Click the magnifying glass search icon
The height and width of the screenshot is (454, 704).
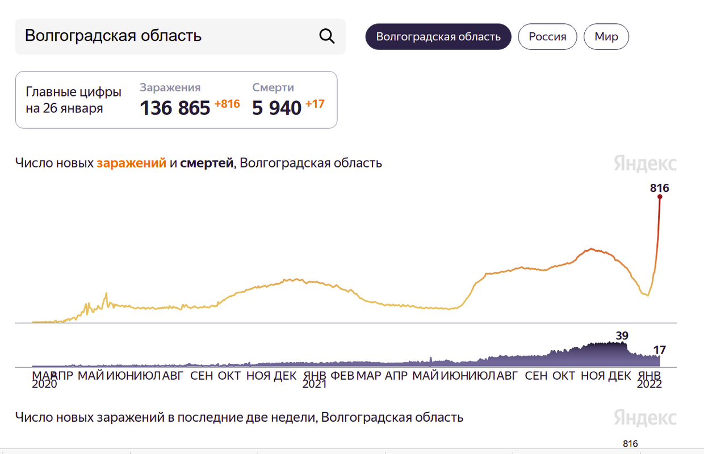pyautogui.click(x=327, y=36)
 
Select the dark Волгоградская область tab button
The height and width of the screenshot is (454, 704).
pyautogui.click(x=438, y=37)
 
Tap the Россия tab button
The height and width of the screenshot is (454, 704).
pyautogui.click(x=547, y=37)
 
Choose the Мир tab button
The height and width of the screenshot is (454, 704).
pyautogui.click(x=606, y=37)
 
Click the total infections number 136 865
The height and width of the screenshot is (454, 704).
pyautogui.click(x=175, y=107)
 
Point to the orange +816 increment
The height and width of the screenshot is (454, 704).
pyautogui.click(x=227, y=104)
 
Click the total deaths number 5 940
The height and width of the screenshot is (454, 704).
pyautogui.click(x=276, y=107)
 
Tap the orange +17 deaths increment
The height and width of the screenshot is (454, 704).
pyautogui.click(x=315, y=104)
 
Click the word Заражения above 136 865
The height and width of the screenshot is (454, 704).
pyautogui.click(x=170, y=87)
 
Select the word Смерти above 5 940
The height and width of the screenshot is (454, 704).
pyautogui.click(x=273, y=87)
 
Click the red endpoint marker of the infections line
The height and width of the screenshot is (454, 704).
pyautogui.click(x=660, y=197)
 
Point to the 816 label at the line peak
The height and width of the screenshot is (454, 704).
pyautogui.click(x=660, y=188)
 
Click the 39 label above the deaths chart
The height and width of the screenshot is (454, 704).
pyautogui.click(x=622, y=335)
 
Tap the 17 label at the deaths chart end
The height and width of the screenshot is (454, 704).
pyautogui.click(x=659, y=350)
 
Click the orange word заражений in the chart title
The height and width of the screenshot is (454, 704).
pyautogui.click(x=131, y=163)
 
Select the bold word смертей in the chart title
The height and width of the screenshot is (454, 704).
pyautogui.click(x=207, y=163)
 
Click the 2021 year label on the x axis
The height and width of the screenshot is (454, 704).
pyautogui.click(x=314, y=384)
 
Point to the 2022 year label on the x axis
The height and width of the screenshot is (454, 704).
pyautogui.click(x=649, y=384)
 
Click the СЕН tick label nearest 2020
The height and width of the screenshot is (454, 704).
pyautogui.click(x=202, y=375)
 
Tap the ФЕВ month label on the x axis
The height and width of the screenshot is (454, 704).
pyautogui.click(x=342, y=375)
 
